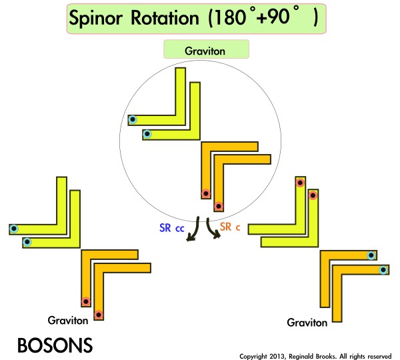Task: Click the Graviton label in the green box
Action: click(205, 51)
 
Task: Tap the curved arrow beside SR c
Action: click(213, 230)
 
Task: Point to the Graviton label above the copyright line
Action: click(307, 323)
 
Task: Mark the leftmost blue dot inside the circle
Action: click(133, 121)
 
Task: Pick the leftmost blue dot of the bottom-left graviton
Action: click(14, 229)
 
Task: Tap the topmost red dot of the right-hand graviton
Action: click(300, 183)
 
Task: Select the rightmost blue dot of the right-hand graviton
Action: click(383, 269)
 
